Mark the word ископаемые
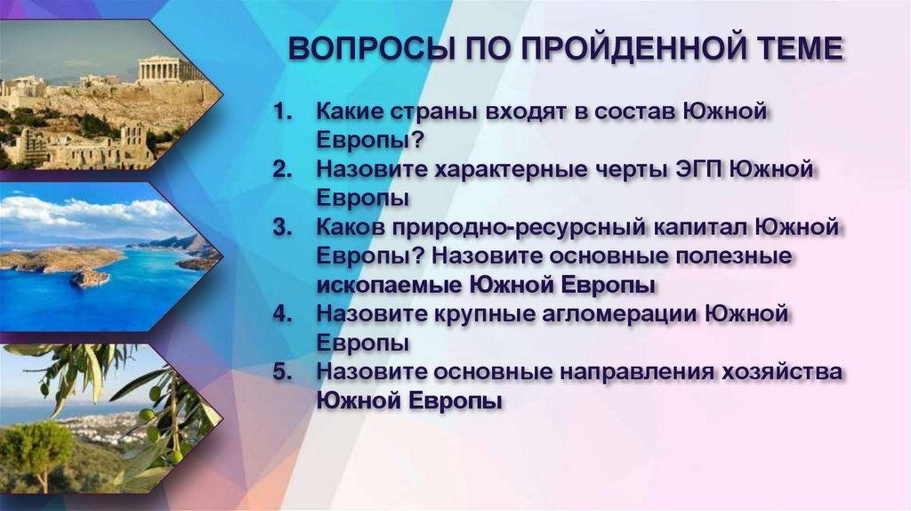[387, 285]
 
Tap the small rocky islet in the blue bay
[90, 279]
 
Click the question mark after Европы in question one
[417, 142]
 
